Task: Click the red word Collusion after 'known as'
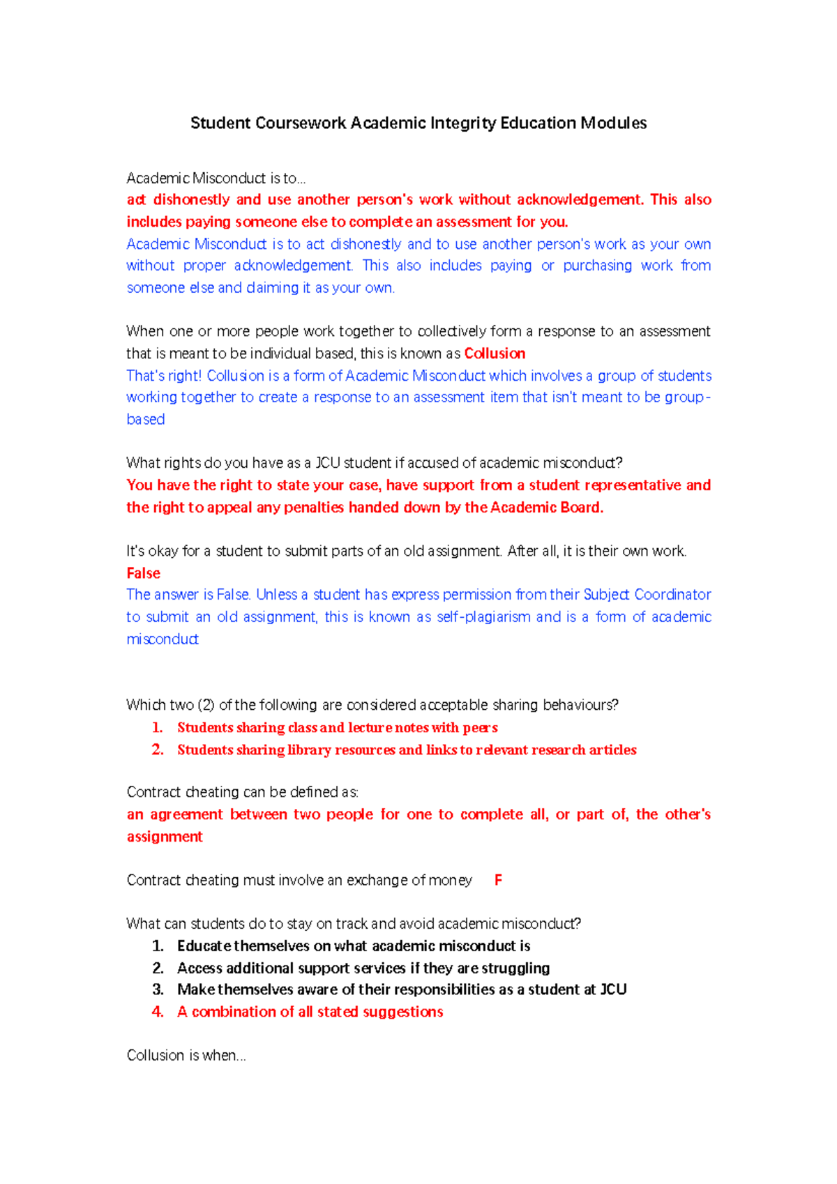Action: pyautogui.click(x=495, y=354)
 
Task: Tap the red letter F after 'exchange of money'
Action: pyautogui.click(x=498, y=880)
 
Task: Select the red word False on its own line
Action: pyautogui.click(x=144, y=573)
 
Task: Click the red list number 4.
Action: pyautogui.click(x=158, y=1012)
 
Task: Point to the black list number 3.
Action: pyautogui.click(x=158, y=989)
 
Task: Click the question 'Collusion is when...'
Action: pyautogui.click(x=186, y=1056)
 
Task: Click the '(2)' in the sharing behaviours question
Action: pyautogui.click(x=206, y=705)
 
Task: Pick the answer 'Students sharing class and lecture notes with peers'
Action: pyautogui.click(x=337, y=728)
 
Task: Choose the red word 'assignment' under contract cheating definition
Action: pyautogui.click(x=165, y=837)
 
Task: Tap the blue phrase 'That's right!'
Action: pyautogui.click(x=164, y=376)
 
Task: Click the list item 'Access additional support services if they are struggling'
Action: pyautogui.click(x=363, y=968)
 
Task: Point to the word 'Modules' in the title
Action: pyautogui.click(x=614, y=123)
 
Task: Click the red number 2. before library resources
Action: pyautogui.click(x=158, y=750)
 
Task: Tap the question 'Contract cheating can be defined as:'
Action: pyautogui.click(x=243, y=792)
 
